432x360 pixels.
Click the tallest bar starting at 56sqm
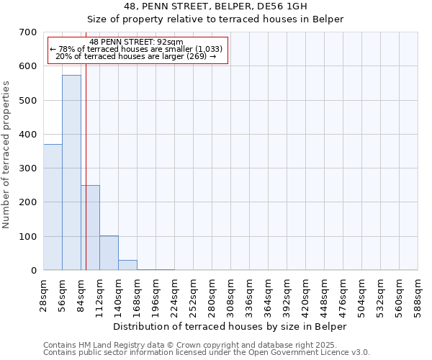coord(71,173)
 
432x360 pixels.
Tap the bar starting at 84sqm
coord(90,228)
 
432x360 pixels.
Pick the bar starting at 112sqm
coord(109,253)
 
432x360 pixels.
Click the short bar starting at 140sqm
coord(127,265)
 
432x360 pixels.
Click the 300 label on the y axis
coord(28,168)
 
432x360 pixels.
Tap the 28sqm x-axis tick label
coord(44,294)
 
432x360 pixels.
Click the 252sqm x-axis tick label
coord(194,294)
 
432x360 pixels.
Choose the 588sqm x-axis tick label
coord(418,294)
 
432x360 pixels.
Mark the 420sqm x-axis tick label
coord(306,294)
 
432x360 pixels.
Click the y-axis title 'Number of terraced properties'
coord(6,155)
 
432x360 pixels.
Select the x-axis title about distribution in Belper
coord(230,326)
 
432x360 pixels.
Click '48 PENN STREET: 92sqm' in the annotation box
coord(137,42)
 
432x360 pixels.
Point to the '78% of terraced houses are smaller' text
coord(137,49)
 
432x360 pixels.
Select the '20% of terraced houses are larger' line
coord(137,56)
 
